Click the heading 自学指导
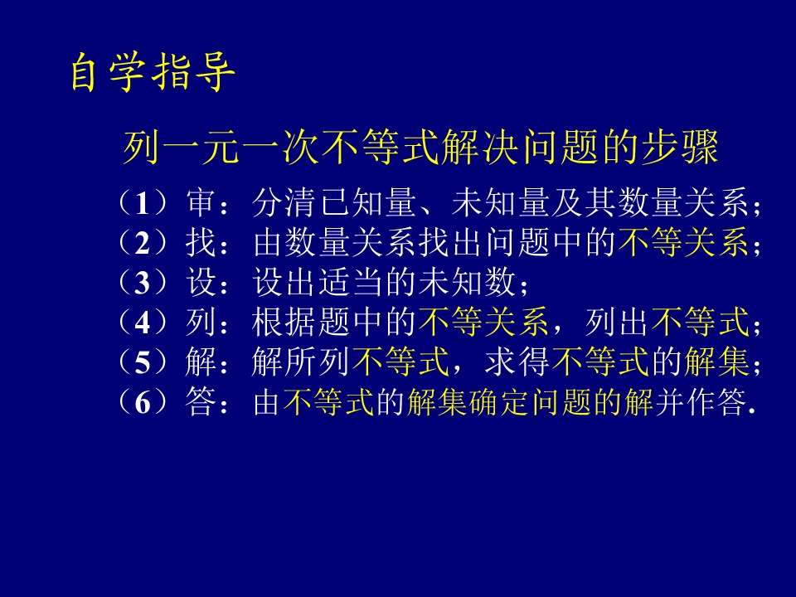pyautogui.click(x=153, y=74)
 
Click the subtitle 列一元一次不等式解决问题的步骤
pyautogui.click(x=420, y=149)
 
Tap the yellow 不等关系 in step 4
pyautogui.click(x=483, y=323)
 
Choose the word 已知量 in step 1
pyautogui.click(x=368, y=203)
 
